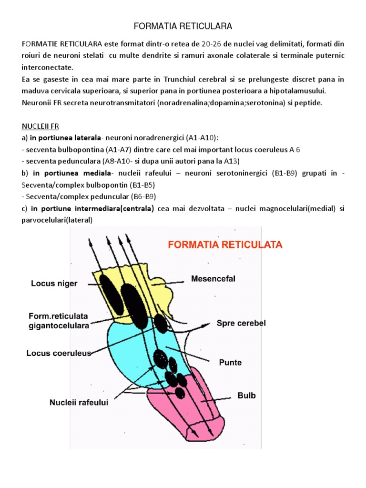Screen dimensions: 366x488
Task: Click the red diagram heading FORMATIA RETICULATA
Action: coord(224,245)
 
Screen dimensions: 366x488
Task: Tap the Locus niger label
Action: coord(54,284)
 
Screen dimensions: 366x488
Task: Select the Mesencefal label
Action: coord(213,279)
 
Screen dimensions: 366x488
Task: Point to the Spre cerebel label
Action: coord(241,323)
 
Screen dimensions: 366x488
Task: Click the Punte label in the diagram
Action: coord(230,362)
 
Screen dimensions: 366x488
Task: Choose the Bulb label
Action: coord(246,396)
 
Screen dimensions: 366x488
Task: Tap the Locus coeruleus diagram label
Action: coord(58,354)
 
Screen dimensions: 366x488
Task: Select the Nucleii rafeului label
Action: coord(79,403)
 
